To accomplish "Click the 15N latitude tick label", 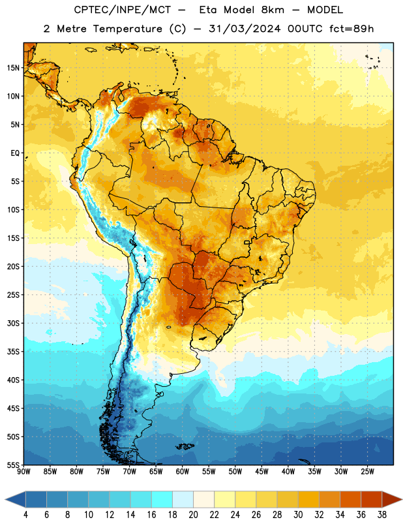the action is click(x=13, y=68).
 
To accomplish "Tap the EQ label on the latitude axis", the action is click(x=15, y=153).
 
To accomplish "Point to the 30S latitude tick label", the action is click(x=13, y=323).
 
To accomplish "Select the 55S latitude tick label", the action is click(x=13, y=465).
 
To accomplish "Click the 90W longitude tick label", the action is click(x=23, y=472).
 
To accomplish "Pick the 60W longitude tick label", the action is click(x=183, y=472).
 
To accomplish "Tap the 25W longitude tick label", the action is click(x=367, y=472).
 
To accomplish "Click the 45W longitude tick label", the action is click(x=261, y=472).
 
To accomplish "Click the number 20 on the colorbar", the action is click(x=193, y=515).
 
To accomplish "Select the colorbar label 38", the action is click(x=381, y=515).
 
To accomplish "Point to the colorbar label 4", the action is click(x=25, y=515).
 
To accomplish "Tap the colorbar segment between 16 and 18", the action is click(x=162, y=499).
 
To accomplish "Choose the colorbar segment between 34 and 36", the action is click(x=350, y=499).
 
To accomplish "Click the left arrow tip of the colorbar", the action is click(x=5, y=499).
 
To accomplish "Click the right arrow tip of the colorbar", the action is click(x=402, y=499).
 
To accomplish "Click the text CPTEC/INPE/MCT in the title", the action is click(x=122, y=10).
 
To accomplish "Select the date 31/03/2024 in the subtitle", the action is click(x=245, y=29).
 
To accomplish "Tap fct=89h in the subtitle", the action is click(x=351, y=29).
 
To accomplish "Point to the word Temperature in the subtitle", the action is click(x=127, y=29).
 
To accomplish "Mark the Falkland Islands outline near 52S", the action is click(x=185, y=446).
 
